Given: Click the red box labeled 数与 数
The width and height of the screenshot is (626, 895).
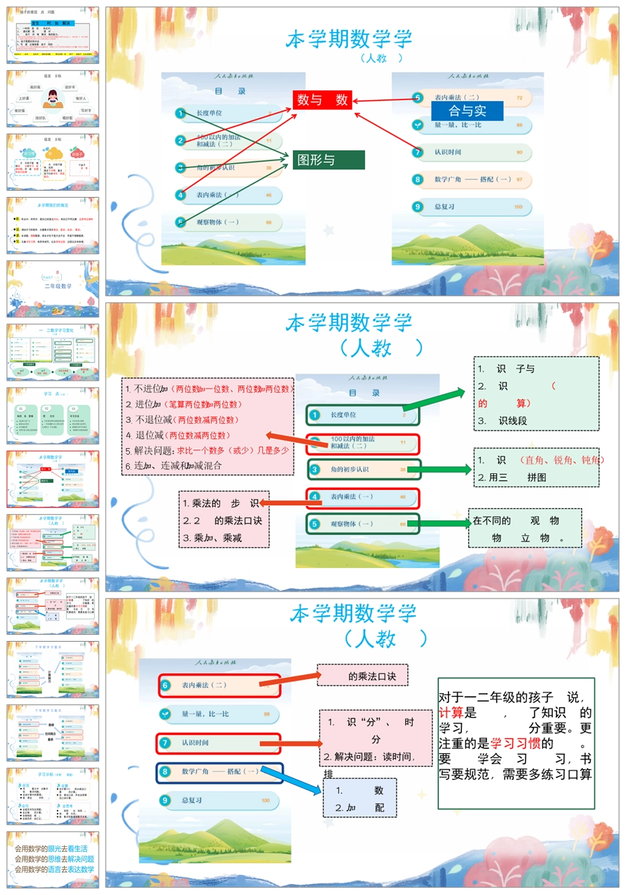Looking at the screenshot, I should [x=322, y=100].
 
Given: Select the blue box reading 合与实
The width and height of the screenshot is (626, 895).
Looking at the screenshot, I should [x=467, y=111].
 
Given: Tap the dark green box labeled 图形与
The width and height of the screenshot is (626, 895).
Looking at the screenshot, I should [x=328, y=160].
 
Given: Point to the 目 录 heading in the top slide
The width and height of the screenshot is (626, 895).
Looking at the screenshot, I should [x=230, y=91].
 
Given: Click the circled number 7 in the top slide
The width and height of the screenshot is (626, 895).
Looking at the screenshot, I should [x=417, y=152].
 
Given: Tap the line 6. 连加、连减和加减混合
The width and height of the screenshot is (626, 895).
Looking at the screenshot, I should [x=173, y=466].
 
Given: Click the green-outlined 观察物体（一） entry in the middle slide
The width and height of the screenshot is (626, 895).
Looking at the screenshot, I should [x=362, y=523].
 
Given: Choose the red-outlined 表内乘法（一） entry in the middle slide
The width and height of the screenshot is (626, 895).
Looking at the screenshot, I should [x=362, y=497].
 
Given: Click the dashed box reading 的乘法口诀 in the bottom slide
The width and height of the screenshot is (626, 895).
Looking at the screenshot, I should [x=362, y=676].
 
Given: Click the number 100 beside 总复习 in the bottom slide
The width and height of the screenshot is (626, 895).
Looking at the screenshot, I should [x=266, y=801].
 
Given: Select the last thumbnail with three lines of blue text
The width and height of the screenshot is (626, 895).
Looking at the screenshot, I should [x=53, y=859].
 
